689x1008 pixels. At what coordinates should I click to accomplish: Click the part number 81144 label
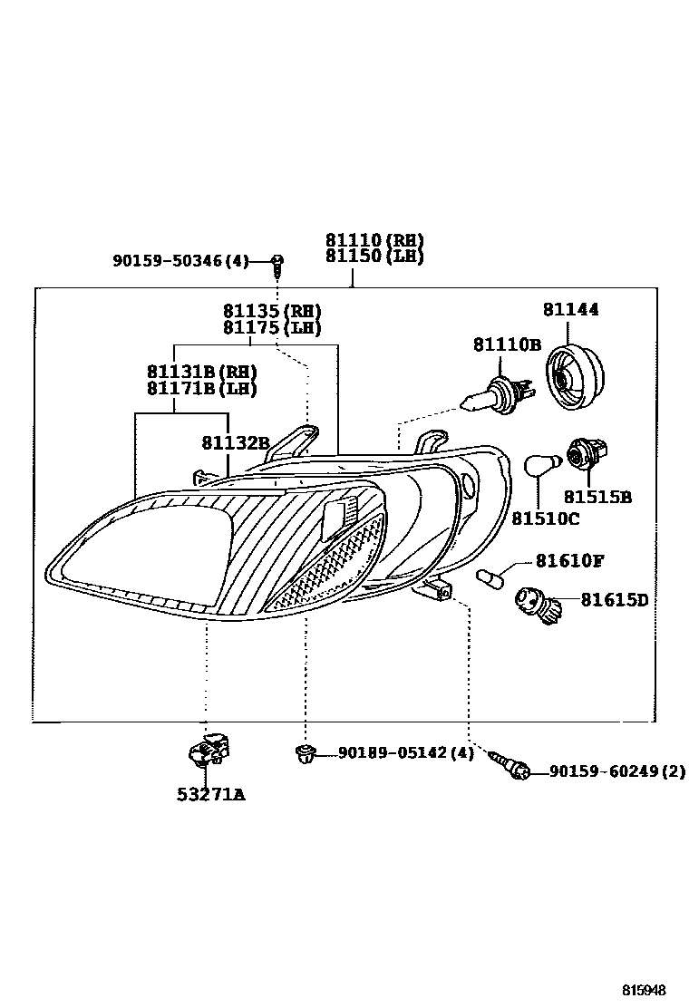pyautogui.click(x=570, y=310)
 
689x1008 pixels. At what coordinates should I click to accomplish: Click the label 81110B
pyautogui.click(x=506, y=344)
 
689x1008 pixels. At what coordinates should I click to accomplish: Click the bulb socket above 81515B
pyautogui.click(x=586, y=454)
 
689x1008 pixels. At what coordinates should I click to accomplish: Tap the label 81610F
pyautogui.click(x=568, y=561)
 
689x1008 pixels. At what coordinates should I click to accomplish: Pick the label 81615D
pyautogui.click(x=614, y=600)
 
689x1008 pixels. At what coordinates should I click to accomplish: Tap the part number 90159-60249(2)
pyautogui.click(x=616, y=772)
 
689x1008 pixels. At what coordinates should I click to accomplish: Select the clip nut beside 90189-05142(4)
pyautogui.click(x=306, y=752)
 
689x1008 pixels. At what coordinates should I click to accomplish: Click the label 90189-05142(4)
pyautogui.click(x=405, y=753)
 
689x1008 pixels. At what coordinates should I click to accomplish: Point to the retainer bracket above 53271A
pyautogui.click(x=209, y=750)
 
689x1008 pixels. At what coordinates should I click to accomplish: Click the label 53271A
pyautogui.click(x=210, y=796)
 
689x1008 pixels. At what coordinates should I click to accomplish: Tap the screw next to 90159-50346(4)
pyautogui.click(x=278, y=265)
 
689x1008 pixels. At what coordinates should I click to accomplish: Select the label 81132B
pyautogui.click(x=236, y=442)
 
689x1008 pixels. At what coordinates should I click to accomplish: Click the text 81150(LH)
pyautogui.click(x=374, y=257)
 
